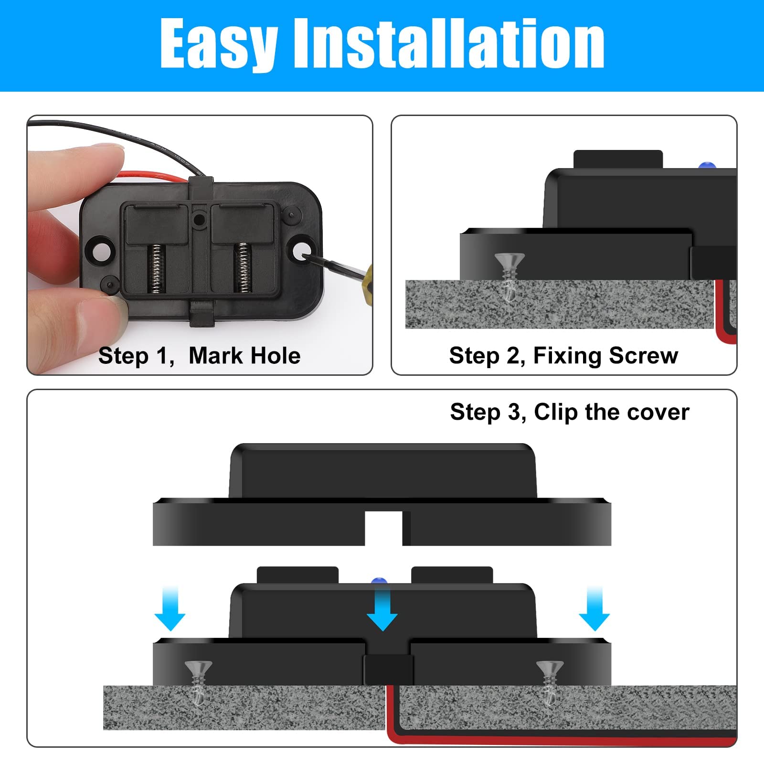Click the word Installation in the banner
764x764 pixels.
pyautogui.click(x=449, y=44)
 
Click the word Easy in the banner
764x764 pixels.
pyautogui.click(x=219, y=44)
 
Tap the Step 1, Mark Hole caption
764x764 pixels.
pyautogui.click(x=199, y=356)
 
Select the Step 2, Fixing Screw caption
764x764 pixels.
pyautogui.click(x=563, y=356)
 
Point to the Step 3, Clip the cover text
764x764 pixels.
pyautogui.click(x=570, y=412)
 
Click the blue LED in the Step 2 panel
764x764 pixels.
pyautogui.click(x=707, y=166)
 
